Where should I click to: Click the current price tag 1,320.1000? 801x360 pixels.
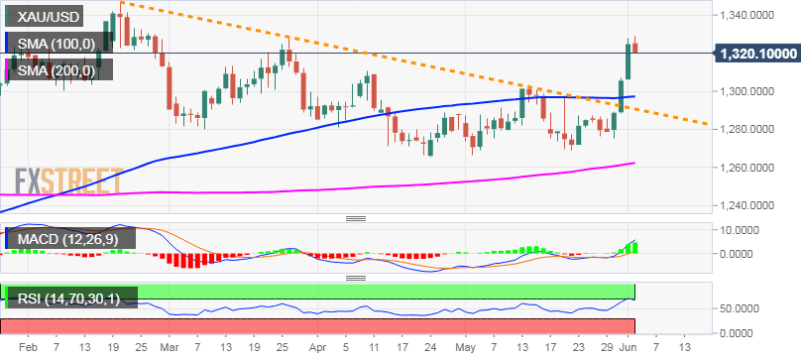tap(758, 54)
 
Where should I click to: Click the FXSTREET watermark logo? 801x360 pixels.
tap(67, 181)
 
